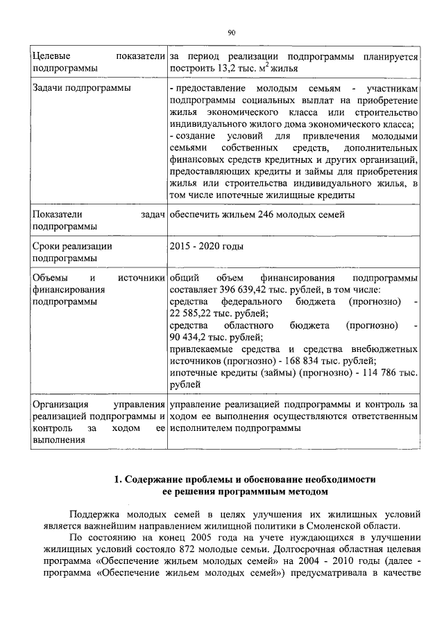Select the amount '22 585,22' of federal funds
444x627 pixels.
(190, 314)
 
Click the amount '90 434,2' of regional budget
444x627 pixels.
(187, 337)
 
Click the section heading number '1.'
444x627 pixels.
(118, 479)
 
